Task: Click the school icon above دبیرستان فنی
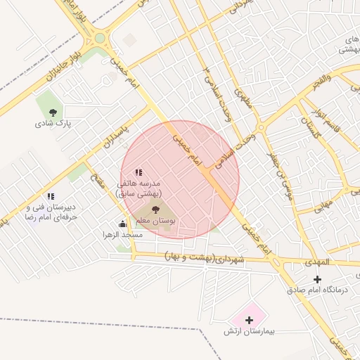click(x=50, y=196)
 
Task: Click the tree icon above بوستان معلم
click(x=155, y=210)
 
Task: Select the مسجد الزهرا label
click(x=122, y=235)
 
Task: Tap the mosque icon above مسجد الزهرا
click(x=123, y=224)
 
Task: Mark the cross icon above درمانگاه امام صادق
click(x=317, y=279)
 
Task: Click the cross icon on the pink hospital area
click(x=249, y=320)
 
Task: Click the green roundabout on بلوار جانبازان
click(x=100, y=39)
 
